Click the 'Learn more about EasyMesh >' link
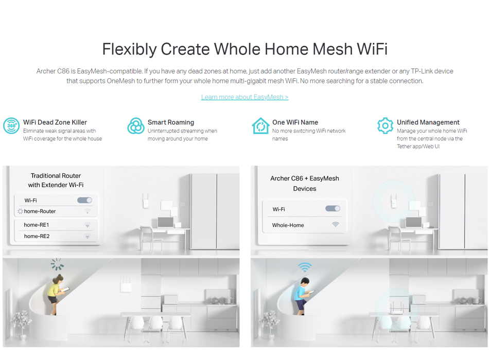245,97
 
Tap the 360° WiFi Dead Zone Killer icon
11,125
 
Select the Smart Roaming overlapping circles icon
136,125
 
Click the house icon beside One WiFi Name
260,125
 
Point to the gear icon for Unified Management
385,125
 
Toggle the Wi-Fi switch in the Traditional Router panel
84,200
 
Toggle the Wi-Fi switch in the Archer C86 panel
333,208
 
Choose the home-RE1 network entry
37,225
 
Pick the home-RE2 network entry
37,236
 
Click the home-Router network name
40,211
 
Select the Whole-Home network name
288,225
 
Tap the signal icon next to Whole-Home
335,224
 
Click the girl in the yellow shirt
56,294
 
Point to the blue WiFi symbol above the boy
305,267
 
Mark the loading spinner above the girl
57,264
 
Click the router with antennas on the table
396,308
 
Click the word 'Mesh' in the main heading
332,49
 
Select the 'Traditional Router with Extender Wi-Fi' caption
56,180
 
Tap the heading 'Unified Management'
428,122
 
